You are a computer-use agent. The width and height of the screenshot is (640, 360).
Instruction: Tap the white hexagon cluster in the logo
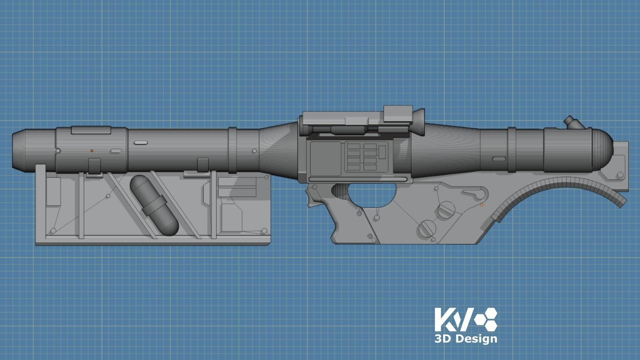(x=486, y=319)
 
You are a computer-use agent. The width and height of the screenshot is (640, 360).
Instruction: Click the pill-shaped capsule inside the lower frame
(x=154, y=205)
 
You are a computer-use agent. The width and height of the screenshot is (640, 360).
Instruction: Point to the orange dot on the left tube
(x=92, y=151)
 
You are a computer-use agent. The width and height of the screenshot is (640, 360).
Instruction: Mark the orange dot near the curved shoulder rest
(x=482, y=205)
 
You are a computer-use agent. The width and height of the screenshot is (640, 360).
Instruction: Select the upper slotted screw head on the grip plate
(x=446, y=210)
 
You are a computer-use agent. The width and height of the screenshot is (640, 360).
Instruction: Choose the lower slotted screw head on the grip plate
(x=427, y=229)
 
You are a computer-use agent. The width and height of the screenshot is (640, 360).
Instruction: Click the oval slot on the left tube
(x=140, y=142)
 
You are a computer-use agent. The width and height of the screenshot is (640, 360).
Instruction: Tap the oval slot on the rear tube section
(x=499, y=159)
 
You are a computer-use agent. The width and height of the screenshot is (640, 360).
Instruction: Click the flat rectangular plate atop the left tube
(x=91, y=130)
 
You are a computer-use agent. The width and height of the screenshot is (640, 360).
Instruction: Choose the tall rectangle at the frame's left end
(x=53, y=191)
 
